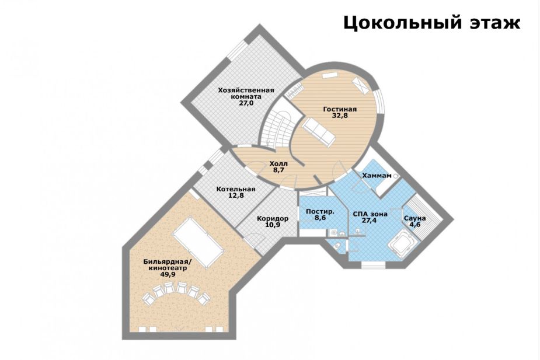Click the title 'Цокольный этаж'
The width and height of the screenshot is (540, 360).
click(x=431, y=23)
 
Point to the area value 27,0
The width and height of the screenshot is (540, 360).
click(x=246, y=103)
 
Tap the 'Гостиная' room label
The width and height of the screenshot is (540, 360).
click(x=340, y=109)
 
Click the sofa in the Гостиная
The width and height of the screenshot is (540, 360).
click(x=318, y=131)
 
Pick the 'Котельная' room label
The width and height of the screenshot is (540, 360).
click(x=236, y=189)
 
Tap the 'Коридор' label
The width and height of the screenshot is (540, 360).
click(x=273, y=218)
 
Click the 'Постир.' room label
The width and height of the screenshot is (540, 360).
click(x=320, y=211)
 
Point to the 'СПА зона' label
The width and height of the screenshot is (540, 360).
click(x=370, y=214)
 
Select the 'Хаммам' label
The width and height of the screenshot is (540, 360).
click(x=377, y=175)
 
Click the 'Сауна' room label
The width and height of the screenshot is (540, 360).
click(x=415, y=218)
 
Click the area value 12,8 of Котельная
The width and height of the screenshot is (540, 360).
click(x=236, y=196)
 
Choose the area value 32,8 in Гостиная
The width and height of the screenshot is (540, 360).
click(x=340, y=116)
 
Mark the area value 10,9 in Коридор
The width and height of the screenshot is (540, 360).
click(x=273, y=225)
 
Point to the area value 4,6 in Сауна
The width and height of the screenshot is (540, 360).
click(x=415, y=225)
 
